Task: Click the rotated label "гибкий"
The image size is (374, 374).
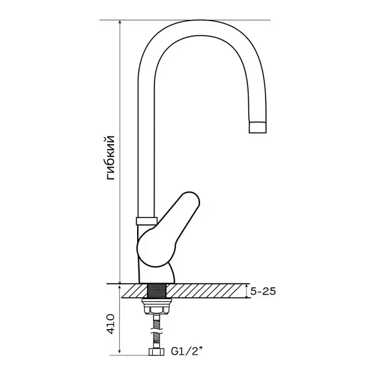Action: click(x=111, y=158)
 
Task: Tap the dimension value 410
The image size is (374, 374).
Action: click(x=110, y=324)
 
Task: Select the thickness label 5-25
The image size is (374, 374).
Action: click(x=263, y=291)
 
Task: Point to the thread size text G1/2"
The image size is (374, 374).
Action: click(x=187, y=352)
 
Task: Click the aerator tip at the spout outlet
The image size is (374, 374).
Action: click(x=257, y=127)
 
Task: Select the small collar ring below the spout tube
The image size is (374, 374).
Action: click(x=146, y=221)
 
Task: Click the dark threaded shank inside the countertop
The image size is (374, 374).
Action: click(x=156, y=290)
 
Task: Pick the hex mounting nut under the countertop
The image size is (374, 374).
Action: click(x=156, y=310)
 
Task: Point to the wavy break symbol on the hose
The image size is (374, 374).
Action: click(x=156, y=330)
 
